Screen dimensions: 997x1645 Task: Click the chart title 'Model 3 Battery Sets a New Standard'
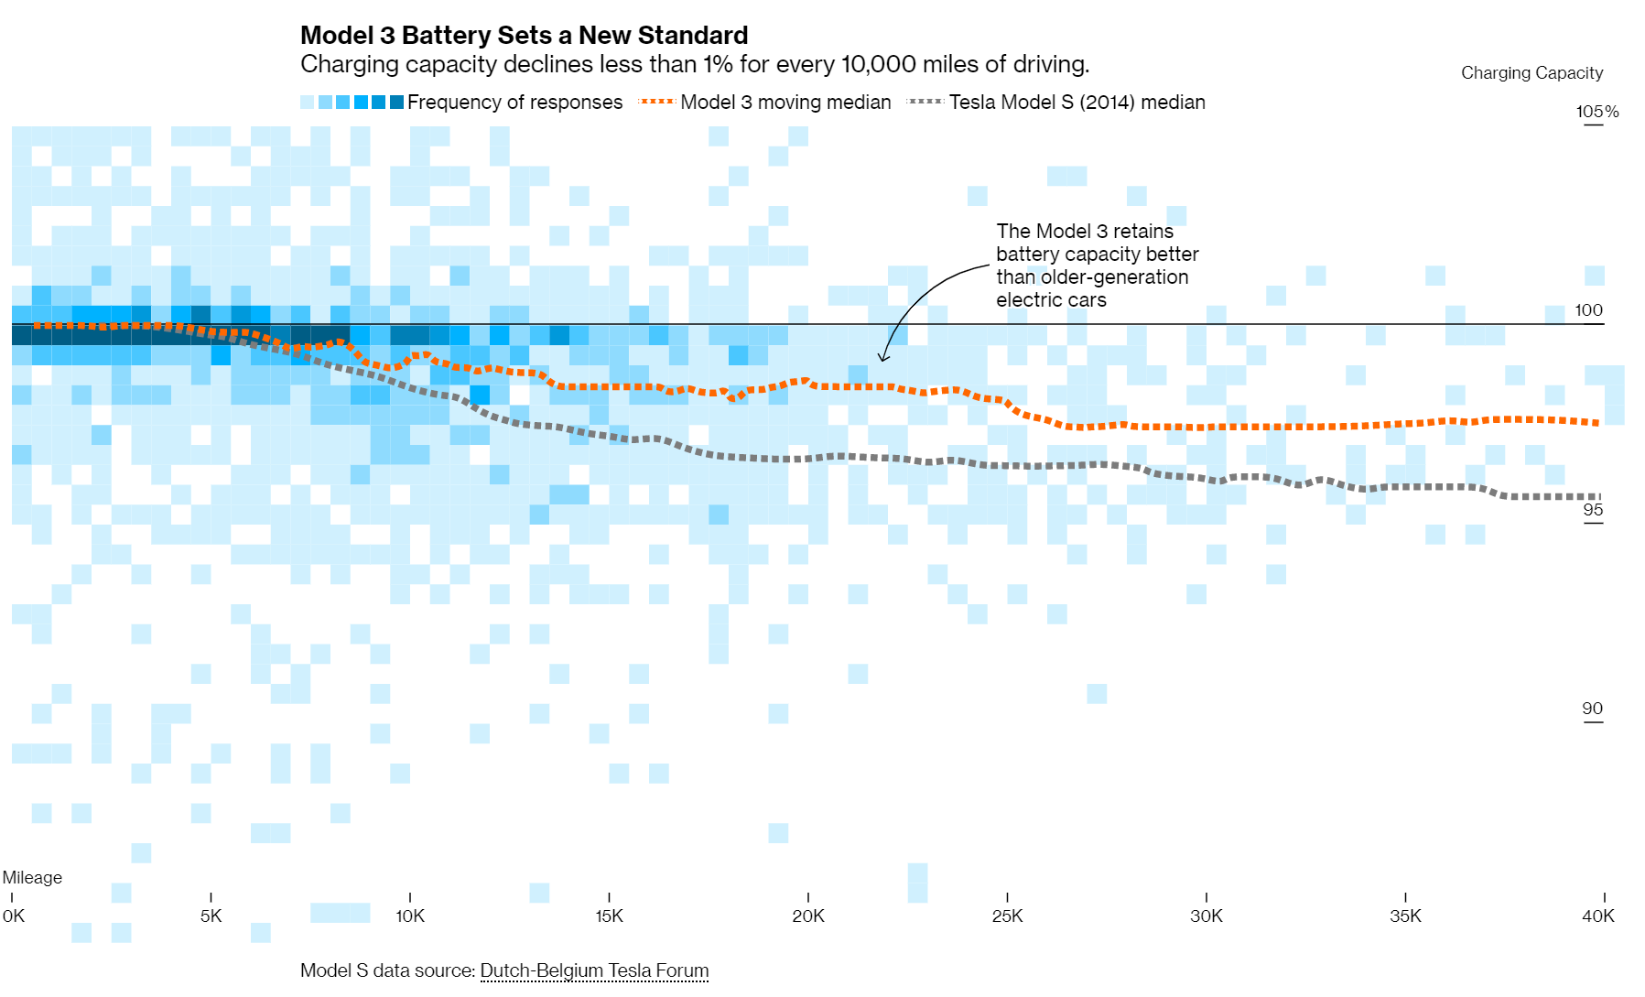(524, 36)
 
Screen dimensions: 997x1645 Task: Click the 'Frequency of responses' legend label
(514, 103)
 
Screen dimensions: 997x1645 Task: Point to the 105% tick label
(1597, 112)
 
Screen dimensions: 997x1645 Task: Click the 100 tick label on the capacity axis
(1588, 310)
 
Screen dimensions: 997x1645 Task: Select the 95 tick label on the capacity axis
(1593, 510)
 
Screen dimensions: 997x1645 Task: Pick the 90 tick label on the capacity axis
(1592, 709)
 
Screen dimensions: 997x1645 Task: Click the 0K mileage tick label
(14, 916)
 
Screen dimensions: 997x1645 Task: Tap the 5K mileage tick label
(211, 916)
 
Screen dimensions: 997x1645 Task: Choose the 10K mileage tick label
(410, 916)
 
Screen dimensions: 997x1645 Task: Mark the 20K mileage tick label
(808, 916)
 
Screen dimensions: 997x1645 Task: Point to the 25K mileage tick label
(1007, 916)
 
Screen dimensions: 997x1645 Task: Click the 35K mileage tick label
(1405, 916)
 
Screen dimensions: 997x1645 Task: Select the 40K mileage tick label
(1598, 916)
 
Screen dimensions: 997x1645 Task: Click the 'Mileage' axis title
(32, 877)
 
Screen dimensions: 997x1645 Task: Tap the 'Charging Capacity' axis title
(1531, 73)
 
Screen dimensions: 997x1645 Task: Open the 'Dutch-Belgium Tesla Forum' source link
(594, 970)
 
